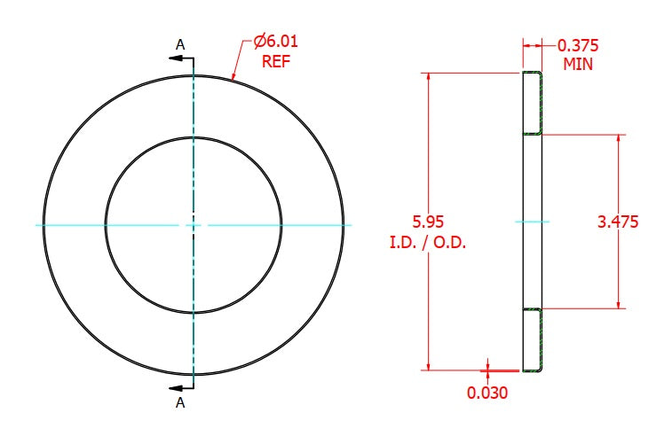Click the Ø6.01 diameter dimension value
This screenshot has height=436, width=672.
pos(275,42)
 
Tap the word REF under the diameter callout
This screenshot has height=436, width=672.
pos(276,61)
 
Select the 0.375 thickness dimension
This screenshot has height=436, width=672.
pos(578,45)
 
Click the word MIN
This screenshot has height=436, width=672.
pos(578,64)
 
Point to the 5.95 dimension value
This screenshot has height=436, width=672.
pos(428,222)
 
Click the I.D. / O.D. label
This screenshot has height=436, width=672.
pos(428,243)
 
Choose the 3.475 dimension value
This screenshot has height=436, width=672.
pos(618,222)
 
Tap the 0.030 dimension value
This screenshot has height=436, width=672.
pos(487,393)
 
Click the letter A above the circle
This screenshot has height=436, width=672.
pos(180,44)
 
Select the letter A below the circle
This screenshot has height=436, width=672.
pos(180,402)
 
